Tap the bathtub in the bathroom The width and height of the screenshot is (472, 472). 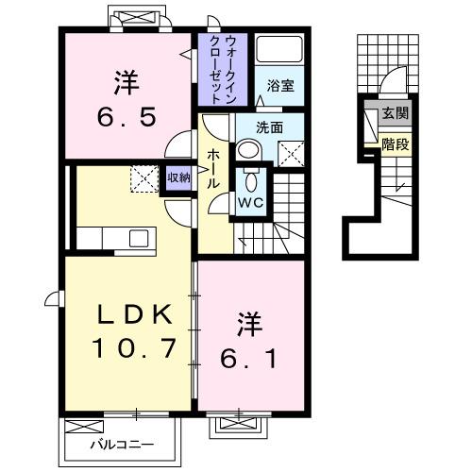tap(278, 49)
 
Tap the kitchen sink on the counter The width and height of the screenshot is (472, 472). tap(134, 237)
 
